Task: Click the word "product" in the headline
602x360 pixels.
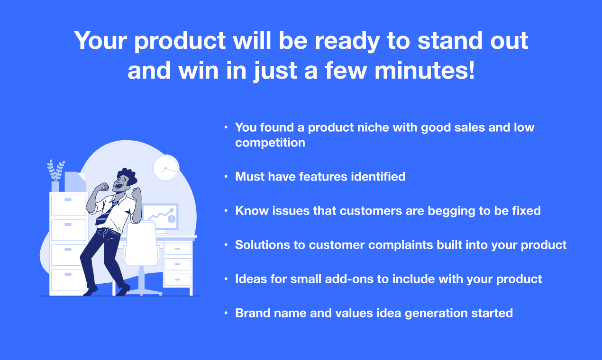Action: click(x=180, y=41)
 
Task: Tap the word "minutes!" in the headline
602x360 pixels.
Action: click(x=424, y=70)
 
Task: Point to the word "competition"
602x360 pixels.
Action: click(x=270, y=143)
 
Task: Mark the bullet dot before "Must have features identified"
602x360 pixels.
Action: click(x=226, y=177)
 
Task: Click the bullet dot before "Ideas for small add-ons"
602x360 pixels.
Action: click(x=226, y=279)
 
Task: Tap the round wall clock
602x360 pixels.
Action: click(x=166, y=168)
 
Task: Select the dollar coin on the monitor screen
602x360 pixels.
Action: click(x=172, y=219)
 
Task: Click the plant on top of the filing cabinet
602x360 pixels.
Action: click(x=55, y=171)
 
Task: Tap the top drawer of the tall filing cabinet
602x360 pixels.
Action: click(x=69, y=205)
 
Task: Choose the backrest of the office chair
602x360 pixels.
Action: click(x=141, y=243)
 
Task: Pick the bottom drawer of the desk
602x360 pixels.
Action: click(x=177, y=279)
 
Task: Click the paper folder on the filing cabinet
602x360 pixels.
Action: click(x=75, y=182)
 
